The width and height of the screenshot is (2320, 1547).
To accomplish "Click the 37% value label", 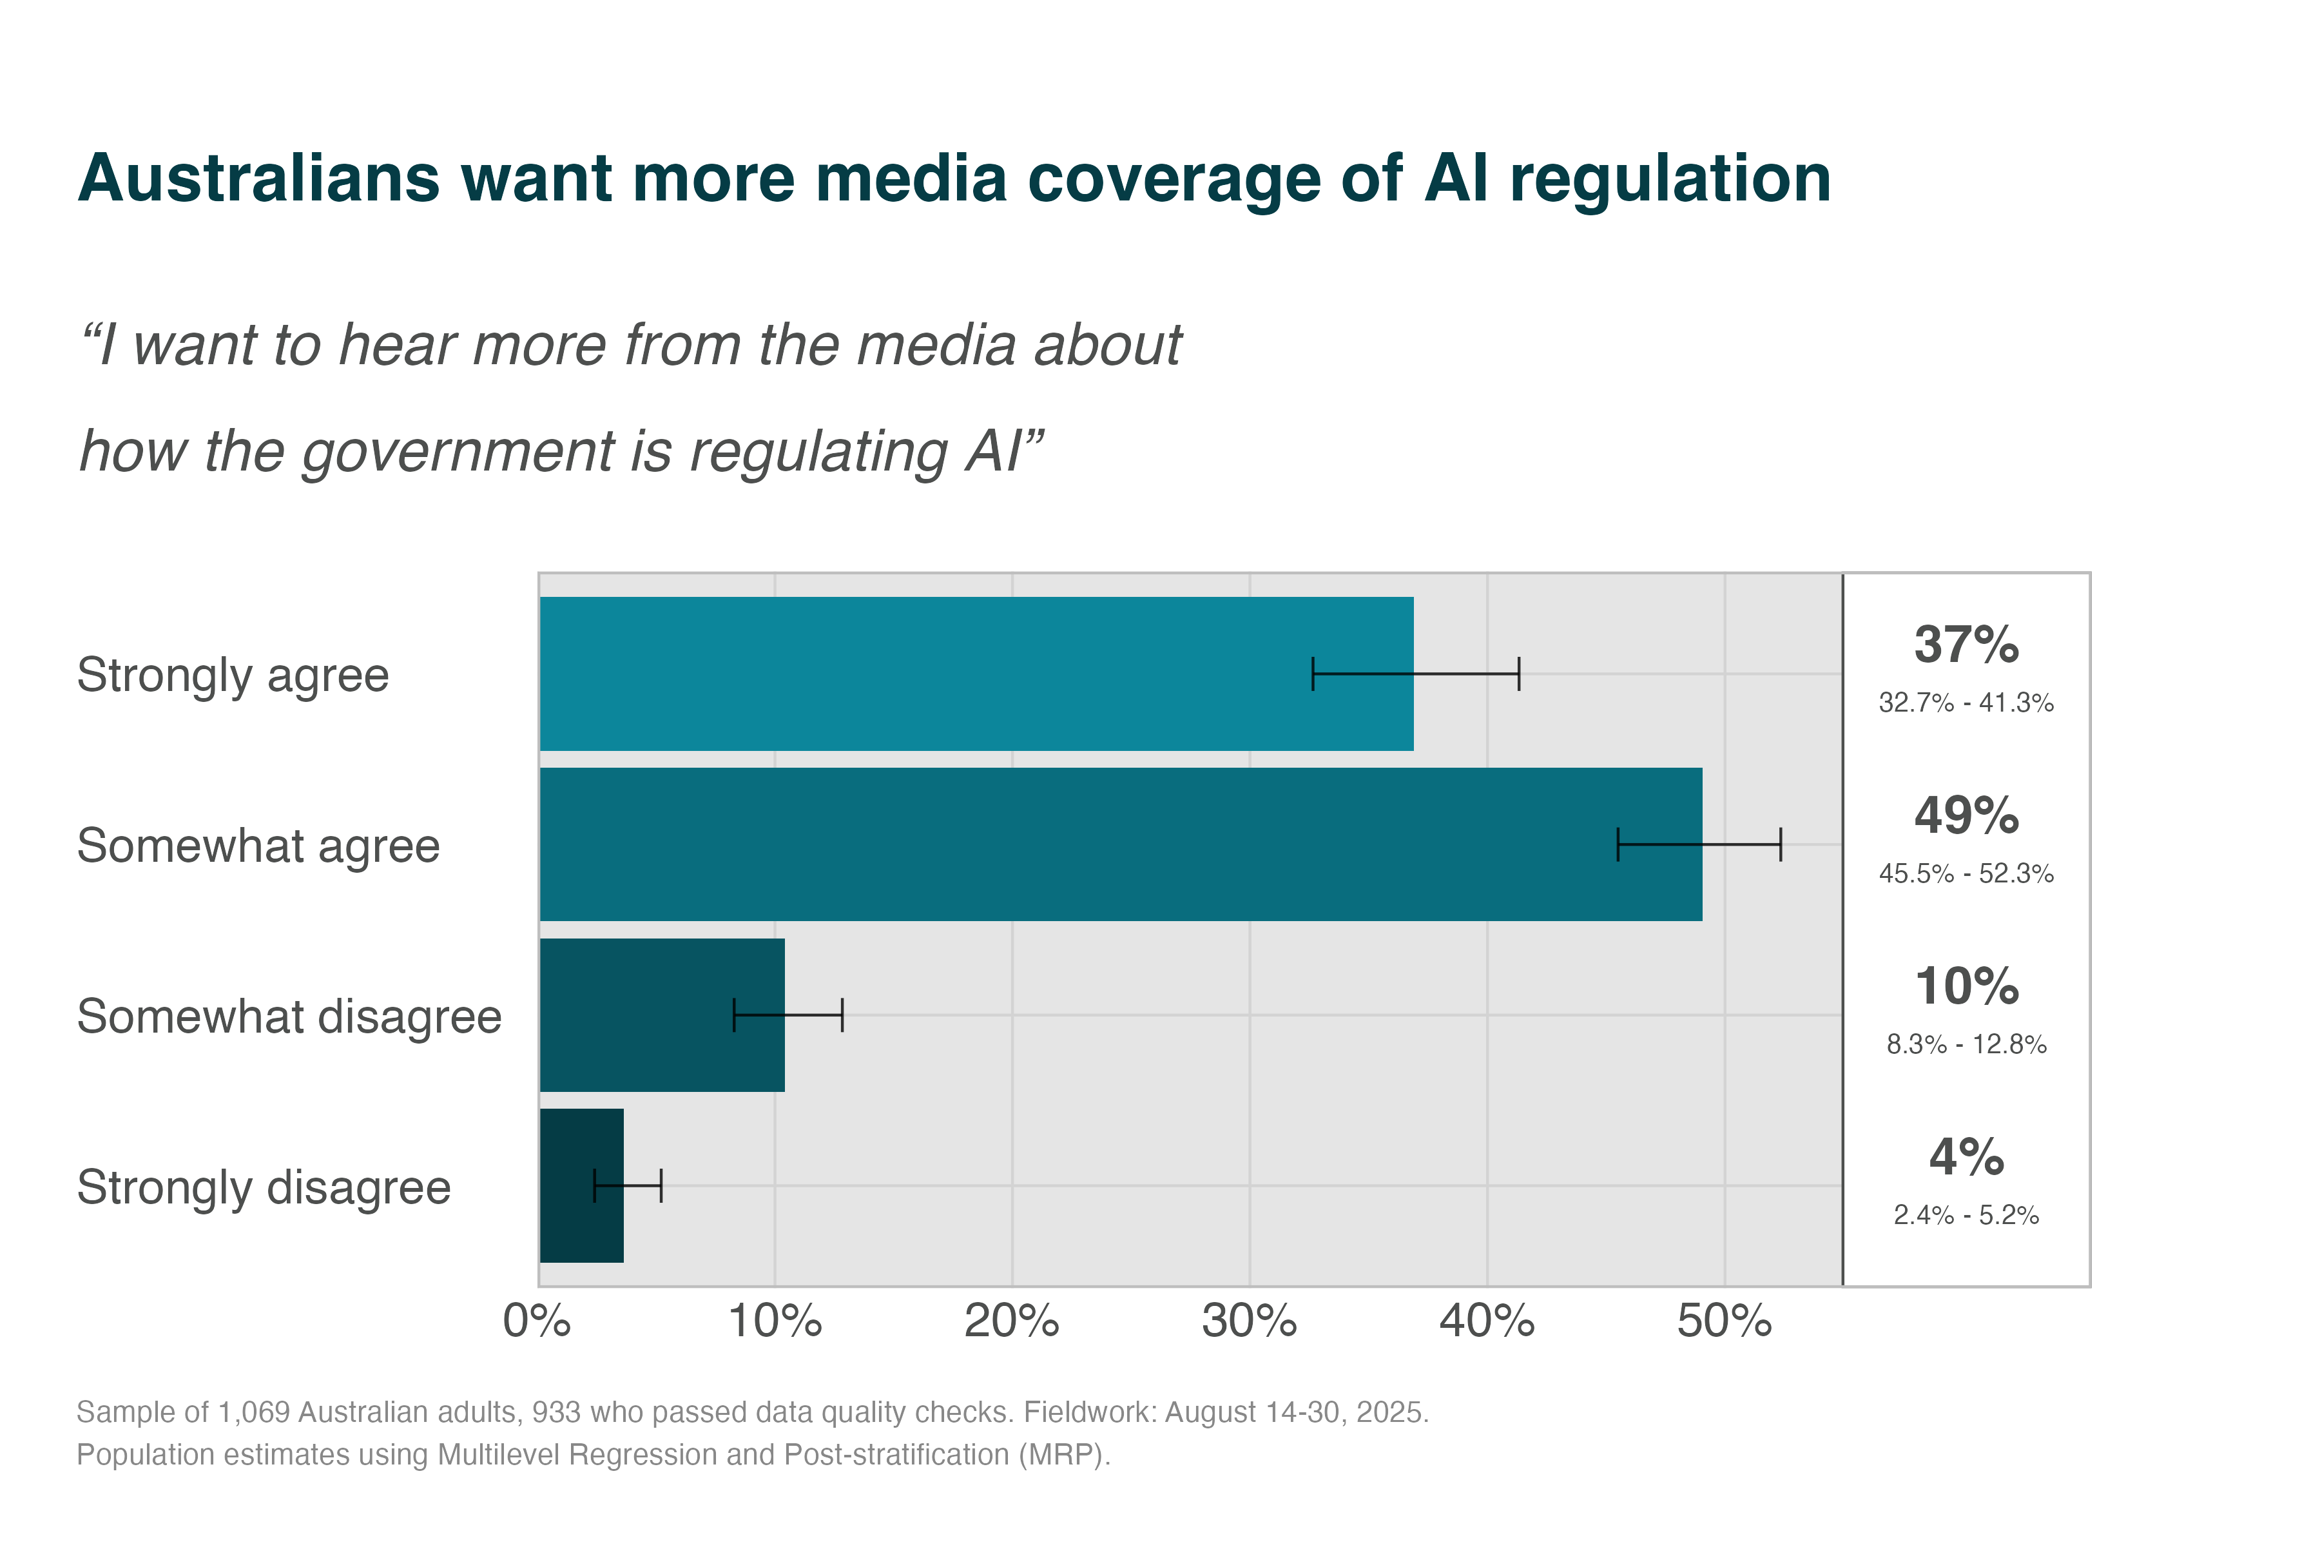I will (1966, 645).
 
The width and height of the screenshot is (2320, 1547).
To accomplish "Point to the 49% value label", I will (1966, 816).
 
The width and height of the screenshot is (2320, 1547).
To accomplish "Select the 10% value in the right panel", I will (1966, 987).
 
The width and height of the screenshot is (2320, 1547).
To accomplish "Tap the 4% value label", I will (1966, 1157).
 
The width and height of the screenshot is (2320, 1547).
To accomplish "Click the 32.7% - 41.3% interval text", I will (1966, 703).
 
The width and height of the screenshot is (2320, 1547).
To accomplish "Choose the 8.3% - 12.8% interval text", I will (1966, 1045).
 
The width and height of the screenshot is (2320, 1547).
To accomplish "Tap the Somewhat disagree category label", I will (289, 1017).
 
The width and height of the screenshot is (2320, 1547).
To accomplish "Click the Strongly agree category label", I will (233, 676).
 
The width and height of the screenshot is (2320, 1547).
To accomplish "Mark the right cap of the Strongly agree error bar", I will (1519, 674).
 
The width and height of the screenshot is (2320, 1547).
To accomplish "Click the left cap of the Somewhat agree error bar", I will (1618, 844).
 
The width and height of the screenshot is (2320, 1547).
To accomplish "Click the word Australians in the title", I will (258, 180).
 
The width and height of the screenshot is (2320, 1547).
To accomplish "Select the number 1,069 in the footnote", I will (253, 1413).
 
